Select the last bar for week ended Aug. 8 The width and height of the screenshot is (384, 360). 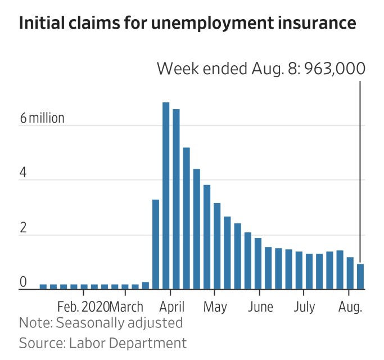pos(360,277)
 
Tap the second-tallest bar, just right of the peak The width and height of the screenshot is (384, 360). pos(176,199)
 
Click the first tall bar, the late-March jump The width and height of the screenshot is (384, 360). pos(156,244)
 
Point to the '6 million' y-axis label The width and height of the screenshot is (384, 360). pos(42,119)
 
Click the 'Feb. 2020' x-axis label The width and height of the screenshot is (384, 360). pos(83,307)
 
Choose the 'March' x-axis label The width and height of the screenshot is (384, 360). pos(127,307)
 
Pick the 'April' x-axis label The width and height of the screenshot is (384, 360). pos(173,307)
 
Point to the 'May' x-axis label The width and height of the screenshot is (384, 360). pos(215,307)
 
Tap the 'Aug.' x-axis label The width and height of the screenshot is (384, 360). pos(349,307)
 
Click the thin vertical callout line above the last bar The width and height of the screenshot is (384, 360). pos(360,169)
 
